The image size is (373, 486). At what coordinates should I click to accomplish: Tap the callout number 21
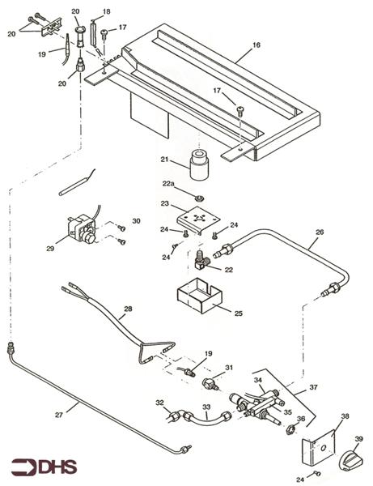166,160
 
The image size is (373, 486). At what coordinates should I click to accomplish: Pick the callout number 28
127,309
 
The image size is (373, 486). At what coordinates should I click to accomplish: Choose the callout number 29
51,249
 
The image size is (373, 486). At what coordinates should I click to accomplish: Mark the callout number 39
358,438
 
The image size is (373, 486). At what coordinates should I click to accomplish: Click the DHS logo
45,467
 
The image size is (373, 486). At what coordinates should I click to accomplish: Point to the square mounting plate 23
196,219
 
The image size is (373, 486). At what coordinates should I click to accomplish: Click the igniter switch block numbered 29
81,231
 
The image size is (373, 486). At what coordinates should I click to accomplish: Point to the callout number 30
136,221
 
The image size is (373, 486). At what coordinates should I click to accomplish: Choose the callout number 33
206,407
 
